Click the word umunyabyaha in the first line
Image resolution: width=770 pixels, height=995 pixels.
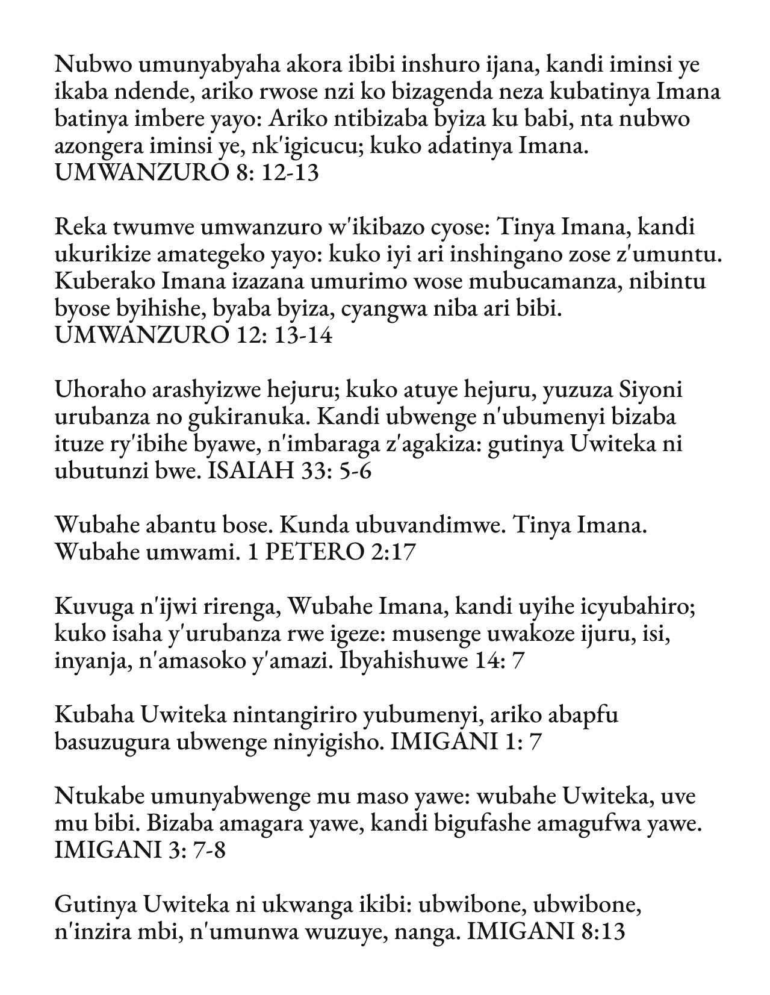click(181, 64)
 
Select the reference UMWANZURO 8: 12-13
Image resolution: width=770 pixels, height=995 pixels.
click(187, 173)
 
